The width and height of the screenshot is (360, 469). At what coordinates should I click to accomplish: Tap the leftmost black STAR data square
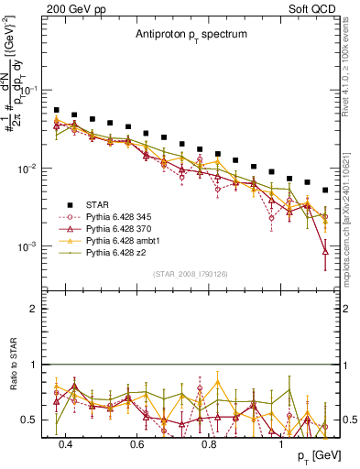57,110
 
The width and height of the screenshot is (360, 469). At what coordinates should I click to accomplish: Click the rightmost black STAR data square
325,191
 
